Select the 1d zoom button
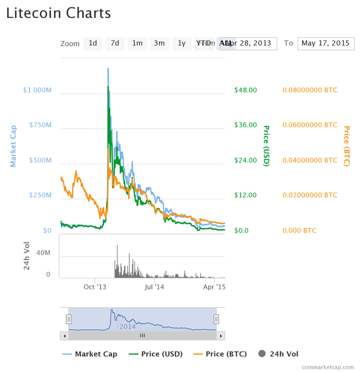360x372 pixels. coord(93,43)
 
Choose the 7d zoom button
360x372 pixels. coord(115,43)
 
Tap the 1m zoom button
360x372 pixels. coord(137,43)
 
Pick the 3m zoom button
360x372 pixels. coord(159,43)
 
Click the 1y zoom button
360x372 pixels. coord(182,43)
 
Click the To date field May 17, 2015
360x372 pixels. coord(325,43)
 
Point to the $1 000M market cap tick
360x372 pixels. coord(37,90)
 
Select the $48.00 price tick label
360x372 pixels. coord(245,90)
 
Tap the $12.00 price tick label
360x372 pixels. coord(245,195)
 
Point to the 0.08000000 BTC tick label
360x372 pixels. coord(310,90)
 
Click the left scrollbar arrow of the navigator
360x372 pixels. coord(64,336)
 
